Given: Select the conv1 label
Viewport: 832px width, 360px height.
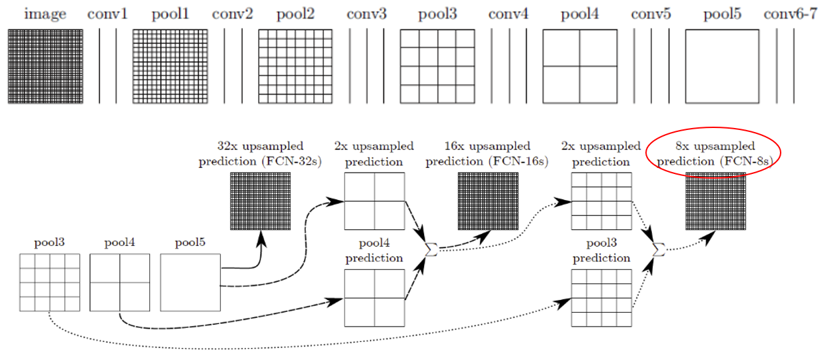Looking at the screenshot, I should click(107, 15).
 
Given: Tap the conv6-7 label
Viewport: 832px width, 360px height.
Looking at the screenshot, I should click(791, 15).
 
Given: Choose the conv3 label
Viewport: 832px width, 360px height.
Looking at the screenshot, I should click(367, 15).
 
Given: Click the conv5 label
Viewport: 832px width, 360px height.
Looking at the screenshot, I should click(651, 15).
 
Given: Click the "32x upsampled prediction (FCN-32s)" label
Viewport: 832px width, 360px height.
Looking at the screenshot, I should click(260, 154).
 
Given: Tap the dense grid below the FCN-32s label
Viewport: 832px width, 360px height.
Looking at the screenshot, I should click(260, 201).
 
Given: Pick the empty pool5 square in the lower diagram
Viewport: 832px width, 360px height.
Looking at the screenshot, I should click(190, 282).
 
